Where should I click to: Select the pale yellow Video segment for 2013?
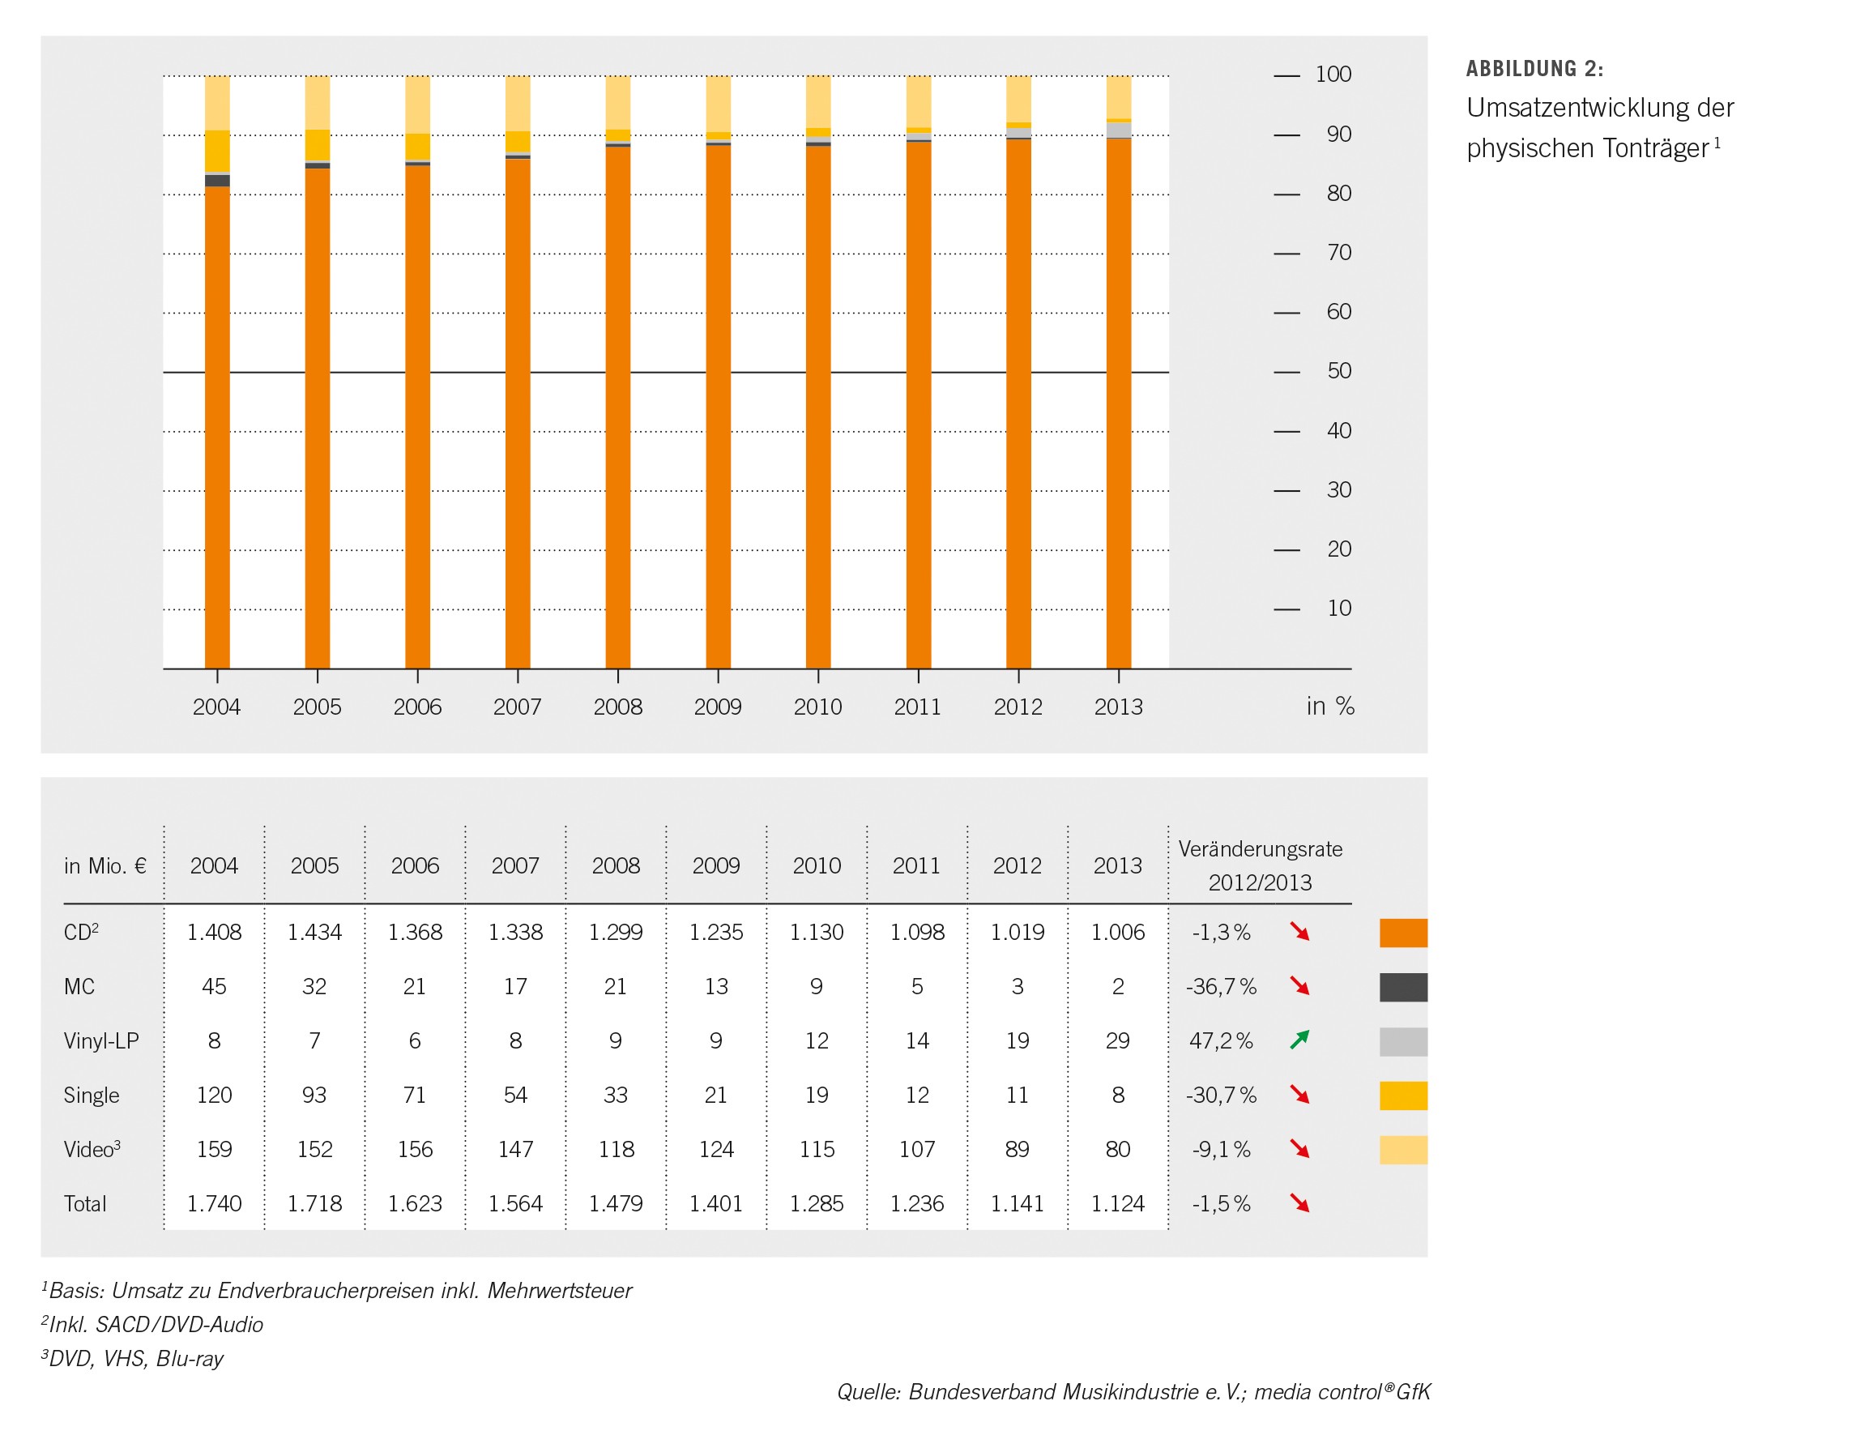(x=1118, y=97)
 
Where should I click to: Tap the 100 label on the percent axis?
(x=1333, y=75)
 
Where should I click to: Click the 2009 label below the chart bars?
(x=717, y=707)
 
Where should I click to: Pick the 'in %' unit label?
(x=1330, y=706)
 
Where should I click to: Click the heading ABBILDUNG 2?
(x=1534, y=69)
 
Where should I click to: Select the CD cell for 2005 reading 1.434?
(x=314, y=932)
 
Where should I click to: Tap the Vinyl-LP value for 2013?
(x=1117, y=1041)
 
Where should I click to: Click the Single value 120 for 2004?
(x=214, y=1096)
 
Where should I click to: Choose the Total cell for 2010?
(x=817, y=1204)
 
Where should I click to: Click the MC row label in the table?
(x=79, y=987)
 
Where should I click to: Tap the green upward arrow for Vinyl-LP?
(x=1299, y=1040)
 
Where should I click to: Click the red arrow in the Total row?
(x=1299, y=1203)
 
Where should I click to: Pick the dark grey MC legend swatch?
(x=1403, y=988)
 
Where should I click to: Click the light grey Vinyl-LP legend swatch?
(x=1403, y=1042)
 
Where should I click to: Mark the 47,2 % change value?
(x=1221, y=1041)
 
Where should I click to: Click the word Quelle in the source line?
(x=868, y=1392)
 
